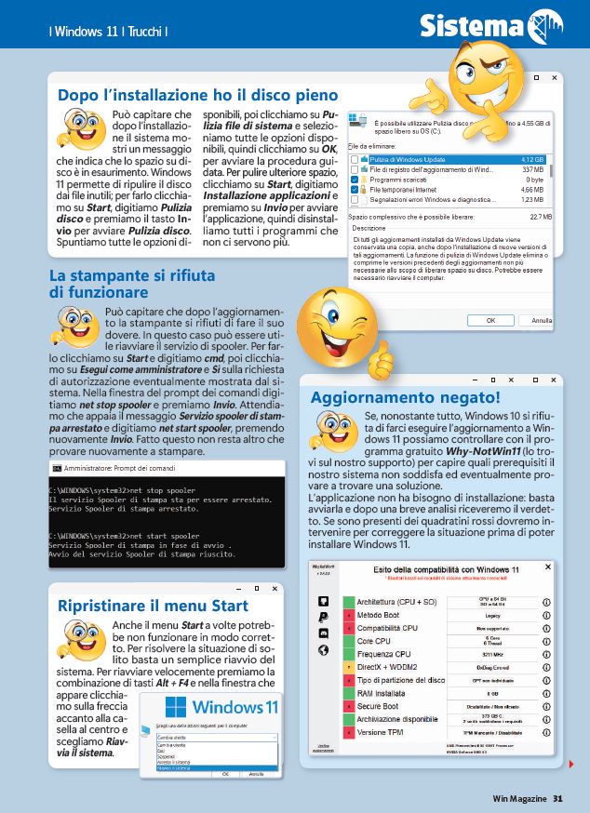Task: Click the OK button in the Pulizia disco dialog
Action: [x=490, y=320]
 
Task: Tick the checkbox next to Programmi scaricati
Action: [x=354, y=179]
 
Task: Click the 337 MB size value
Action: [x=532, y=169]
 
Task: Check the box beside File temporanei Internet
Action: [x=354, y=189]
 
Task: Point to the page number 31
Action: [x=557, y=797]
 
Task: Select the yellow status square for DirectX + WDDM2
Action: [x=348, y=667]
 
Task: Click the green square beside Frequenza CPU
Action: [x=348, y=654]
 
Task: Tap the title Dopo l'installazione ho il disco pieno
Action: [x=197, y=95]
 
